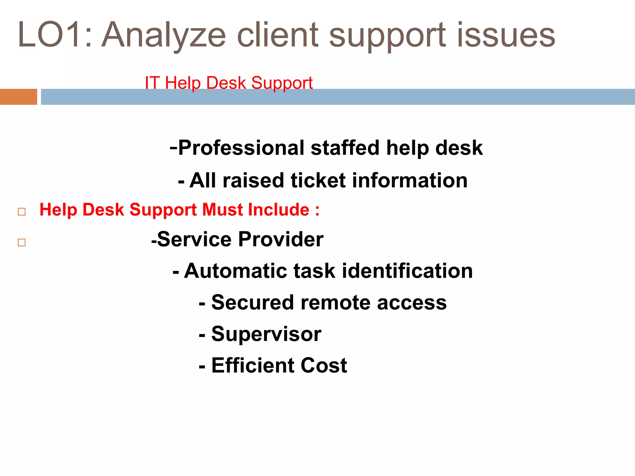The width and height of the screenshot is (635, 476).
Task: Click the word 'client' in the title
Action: point(278,35)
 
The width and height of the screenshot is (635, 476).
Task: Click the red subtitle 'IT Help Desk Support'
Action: point(229,83)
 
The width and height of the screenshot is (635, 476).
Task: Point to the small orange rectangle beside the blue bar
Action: point(19,97)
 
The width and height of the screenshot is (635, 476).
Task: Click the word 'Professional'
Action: point(241,148)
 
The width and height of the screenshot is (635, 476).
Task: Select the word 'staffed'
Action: point(345,148)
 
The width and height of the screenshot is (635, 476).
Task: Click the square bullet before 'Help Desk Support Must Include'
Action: point(22,212)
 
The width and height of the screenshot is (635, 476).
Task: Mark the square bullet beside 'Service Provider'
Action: point(22,242)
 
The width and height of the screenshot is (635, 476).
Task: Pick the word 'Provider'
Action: point(281,239)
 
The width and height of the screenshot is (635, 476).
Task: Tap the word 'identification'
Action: point(407,271)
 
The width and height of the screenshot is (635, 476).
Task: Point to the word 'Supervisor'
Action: point(266,334)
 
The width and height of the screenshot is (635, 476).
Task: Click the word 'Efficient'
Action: point(253,365)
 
